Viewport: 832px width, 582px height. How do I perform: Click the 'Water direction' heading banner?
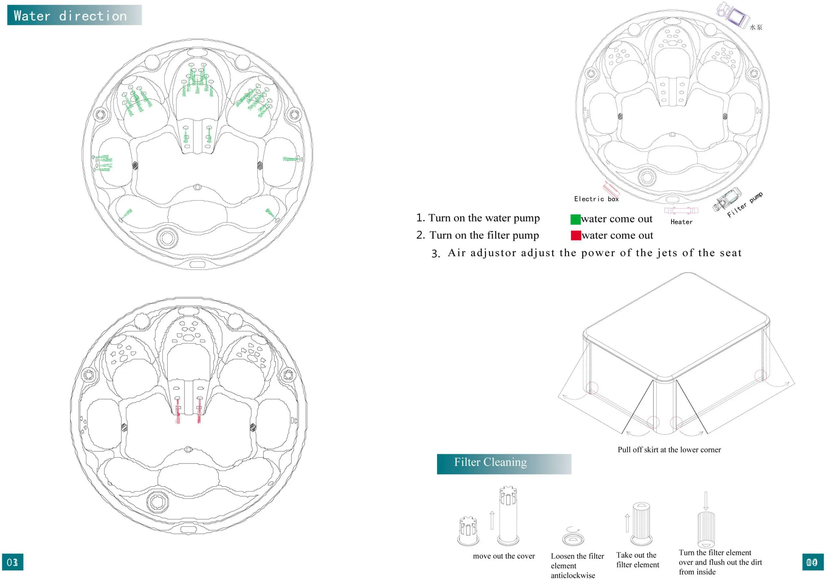click(74, 15)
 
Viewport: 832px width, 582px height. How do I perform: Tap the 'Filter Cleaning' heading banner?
click(504, 463)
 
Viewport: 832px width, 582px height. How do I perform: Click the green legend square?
click(575, 219)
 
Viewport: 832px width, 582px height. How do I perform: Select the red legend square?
click(576, 235)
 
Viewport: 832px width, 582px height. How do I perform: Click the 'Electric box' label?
click(596, 199)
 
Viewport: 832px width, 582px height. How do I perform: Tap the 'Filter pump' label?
click(744, 205)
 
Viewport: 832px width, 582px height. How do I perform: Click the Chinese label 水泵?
click(756, 27)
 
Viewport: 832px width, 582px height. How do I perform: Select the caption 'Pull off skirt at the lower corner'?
click(669, 450)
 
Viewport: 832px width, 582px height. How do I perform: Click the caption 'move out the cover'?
click(503, 556)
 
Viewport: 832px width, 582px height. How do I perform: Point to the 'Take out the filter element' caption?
click(637, 560)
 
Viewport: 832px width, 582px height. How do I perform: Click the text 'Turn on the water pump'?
click(484, 218)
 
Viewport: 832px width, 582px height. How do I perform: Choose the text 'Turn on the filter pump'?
click(484, 235)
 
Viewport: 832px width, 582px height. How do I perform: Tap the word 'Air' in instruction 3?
click(457, 253)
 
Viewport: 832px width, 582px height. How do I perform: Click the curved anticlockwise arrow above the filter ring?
click(571, 529)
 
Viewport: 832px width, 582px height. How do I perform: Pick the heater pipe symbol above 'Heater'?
click(681, 210)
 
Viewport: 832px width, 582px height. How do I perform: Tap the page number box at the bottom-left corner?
click(13, 562)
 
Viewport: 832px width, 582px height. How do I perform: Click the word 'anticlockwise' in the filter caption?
click(573, 576)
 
